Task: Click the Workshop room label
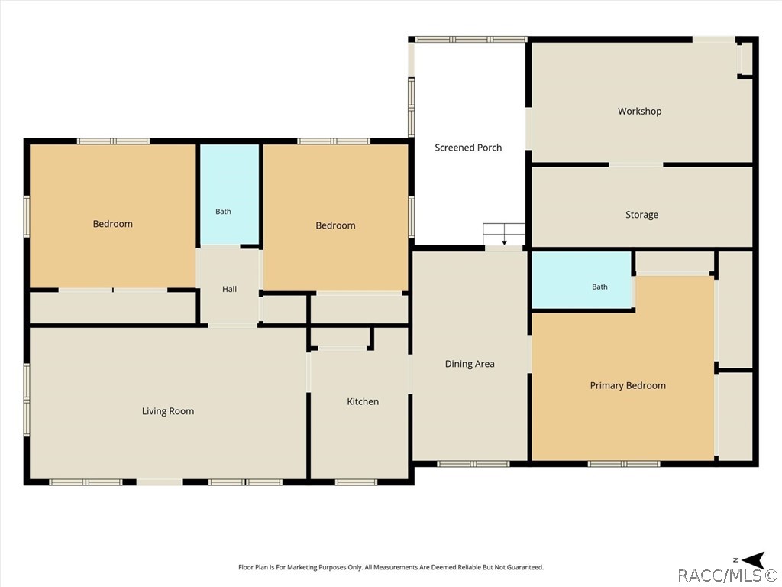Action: pyautogui.click(x=639, y=112)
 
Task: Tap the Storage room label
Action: pyautogui.click(x=641, y=215)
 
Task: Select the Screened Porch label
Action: pyautogui.click(x=468, y=148)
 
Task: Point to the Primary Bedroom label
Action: pyautogui.click(x=628, y=385)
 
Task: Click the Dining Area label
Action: pyautogui.click(x=470, y=364)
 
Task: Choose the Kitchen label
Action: pyautogui.click(x=363, y=401)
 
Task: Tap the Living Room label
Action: pyautogui.click(x=168, y=411)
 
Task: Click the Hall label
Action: pyautogui.click(x=229, y=289)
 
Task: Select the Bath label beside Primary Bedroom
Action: pyautogui.click(x=599, y=287)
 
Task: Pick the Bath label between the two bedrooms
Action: pyautogui.click(x=223, y=212)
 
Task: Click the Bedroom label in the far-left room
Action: pyautogui.click(x=113, y=224)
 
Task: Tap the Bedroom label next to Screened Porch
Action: pyautogui.click(x=336, y=225)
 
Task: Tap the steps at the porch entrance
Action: pyautogui.click(x=504, y=235)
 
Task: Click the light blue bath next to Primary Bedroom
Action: pyautogui.click(x=582, y=280)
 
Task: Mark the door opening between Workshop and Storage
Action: pyautogui.click(x=636, y=164)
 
